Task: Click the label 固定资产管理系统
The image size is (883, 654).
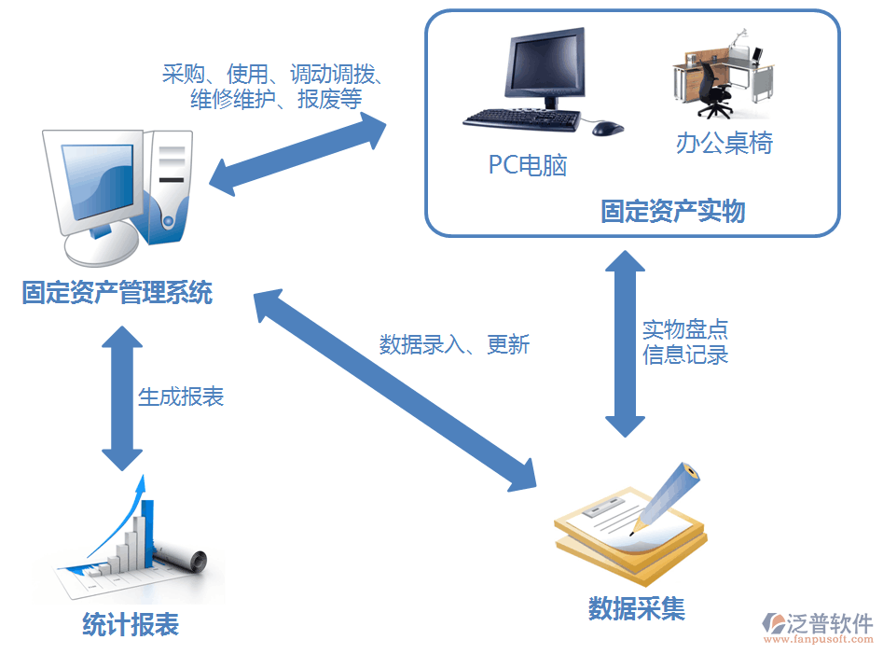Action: pos(117,293)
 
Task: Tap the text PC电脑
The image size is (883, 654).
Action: pos(528,165)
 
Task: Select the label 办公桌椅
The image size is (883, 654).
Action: pos(724,143)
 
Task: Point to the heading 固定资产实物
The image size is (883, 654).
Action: pos(673,212)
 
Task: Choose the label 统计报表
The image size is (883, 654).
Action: pos(131,624)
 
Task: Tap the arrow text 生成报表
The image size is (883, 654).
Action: pos(181,397)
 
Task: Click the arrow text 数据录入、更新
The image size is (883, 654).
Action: pos(454,344)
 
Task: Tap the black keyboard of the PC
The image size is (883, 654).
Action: pos(522,119)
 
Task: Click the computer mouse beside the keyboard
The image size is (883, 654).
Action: pos(607,128)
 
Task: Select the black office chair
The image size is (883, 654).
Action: pos(715,89)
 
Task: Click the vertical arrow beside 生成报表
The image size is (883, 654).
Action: pos(121,397)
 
